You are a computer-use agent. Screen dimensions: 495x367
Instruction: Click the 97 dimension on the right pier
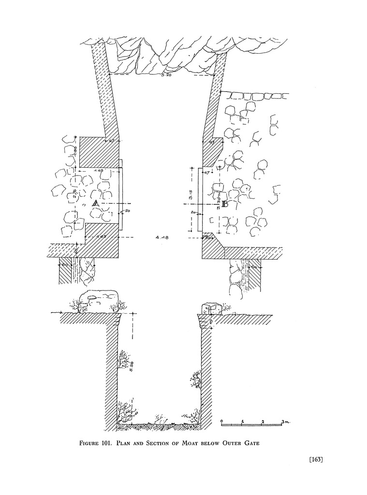211,143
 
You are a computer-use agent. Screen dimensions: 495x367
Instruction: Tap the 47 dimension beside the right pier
206,172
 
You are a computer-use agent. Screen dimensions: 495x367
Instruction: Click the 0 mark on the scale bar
221,422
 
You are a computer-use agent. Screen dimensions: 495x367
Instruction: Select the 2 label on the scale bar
263,422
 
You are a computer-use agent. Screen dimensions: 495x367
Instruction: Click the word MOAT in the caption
203,442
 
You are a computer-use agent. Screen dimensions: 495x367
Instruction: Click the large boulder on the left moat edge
99,298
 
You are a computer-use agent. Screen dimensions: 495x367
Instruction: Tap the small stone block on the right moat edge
211,307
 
